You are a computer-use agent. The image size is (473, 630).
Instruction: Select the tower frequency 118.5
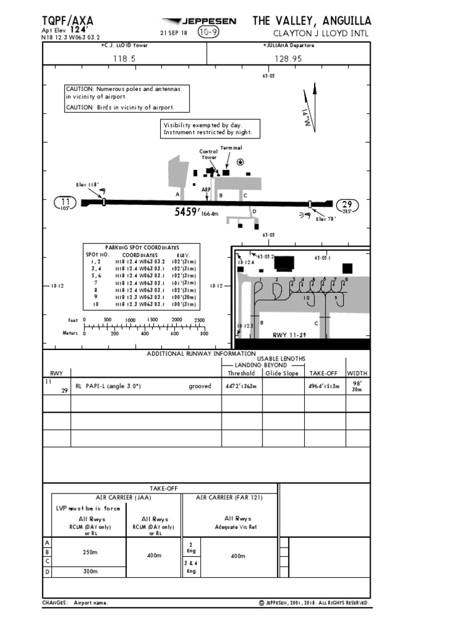point(124,58)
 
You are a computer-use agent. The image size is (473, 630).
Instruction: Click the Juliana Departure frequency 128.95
point(288,58)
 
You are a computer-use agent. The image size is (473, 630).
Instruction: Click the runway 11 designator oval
point(65,201)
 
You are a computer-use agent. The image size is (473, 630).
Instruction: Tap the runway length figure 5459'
point(187,212)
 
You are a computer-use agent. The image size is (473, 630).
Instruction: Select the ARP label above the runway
point(206,189)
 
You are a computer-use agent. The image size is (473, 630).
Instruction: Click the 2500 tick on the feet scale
point(199,320)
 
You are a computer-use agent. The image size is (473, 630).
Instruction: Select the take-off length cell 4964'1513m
point(323,386)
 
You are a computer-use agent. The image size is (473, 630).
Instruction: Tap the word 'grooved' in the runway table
point(200,386)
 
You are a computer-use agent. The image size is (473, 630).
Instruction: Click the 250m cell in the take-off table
point(90,552)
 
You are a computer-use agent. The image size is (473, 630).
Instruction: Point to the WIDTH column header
point(358,373)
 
